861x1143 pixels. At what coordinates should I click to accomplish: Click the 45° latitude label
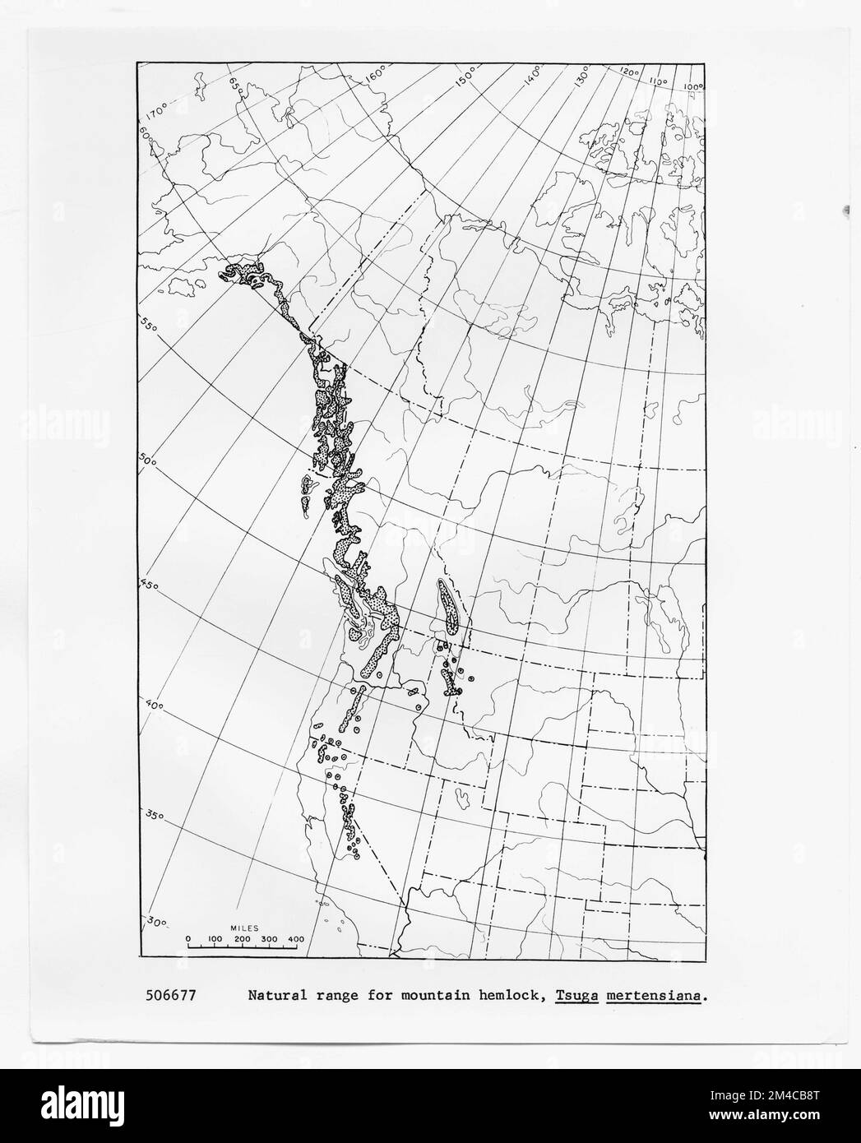[x=148, y=586]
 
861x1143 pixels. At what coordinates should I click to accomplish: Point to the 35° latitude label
[x=151, y=816]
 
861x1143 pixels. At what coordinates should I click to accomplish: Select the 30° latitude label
[x=157, y=922]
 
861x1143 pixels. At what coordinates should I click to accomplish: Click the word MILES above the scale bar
[x=244, y=927]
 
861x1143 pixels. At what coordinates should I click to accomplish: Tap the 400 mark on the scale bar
[x=296, y=939]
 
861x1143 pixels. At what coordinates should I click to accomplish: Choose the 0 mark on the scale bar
[x=187, y=939]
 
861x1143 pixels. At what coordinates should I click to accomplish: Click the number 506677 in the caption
[x=172, y=996]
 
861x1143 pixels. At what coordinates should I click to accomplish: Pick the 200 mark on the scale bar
[x=242, y=939]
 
